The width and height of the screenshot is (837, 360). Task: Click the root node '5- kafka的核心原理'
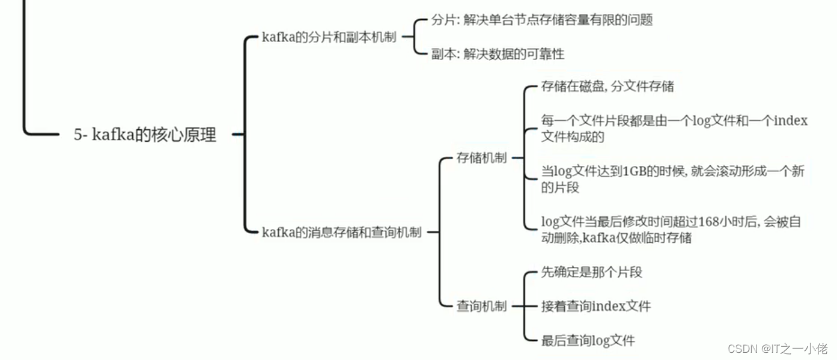(145, 135)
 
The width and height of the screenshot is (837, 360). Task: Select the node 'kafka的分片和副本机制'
(329, 37)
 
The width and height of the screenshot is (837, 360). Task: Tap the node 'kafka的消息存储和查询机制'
(341, 233)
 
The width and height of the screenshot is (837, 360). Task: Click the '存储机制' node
(481, 158)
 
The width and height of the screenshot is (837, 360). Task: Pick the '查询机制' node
(481, 306)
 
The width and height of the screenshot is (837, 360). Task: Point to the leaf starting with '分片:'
(541, 20)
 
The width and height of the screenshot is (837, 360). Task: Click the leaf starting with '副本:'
(498, 54)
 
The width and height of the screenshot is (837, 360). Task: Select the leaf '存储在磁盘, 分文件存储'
(607, 87)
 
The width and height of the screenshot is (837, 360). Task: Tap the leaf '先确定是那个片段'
(591, 272)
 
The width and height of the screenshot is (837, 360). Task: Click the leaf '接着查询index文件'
(595, 307)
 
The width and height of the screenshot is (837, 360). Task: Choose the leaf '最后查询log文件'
(588, 341)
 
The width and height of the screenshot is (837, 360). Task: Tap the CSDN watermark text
(778, 349)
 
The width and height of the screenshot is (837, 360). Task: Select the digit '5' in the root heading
(78, 135)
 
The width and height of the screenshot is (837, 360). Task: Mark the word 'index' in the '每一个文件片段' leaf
(791, 121)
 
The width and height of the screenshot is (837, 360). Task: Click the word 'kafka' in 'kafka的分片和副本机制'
(278, 37)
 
